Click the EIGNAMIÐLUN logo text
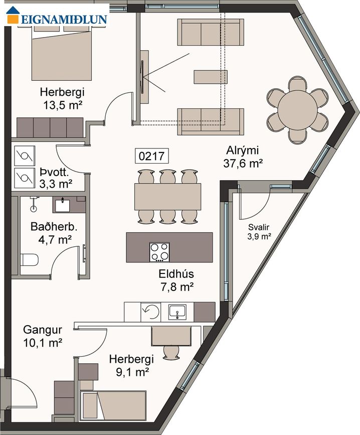pos(64,19)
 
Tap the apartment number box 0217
pos(151,156)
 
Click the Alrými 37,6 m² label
pos(243,157)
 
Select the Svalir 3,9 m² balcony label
pos(259,232)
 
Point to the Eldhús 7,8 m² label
pos(176,280)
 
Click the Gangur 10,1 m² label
pos(43,336)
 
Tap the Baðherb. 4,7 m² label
pos(54,233)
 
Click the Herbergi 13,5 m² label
pos(62,98)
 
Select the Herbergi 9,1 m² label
pos(131,365)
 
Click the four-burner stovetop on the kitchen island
pos(159,252)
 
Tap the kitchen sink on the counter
pos(177,312)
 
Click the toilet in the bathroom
pos(29,260)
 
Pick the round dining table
pos(298,110)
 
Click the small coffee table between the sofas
pos(211,77)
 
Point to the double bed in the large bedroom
pos(62,53)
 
